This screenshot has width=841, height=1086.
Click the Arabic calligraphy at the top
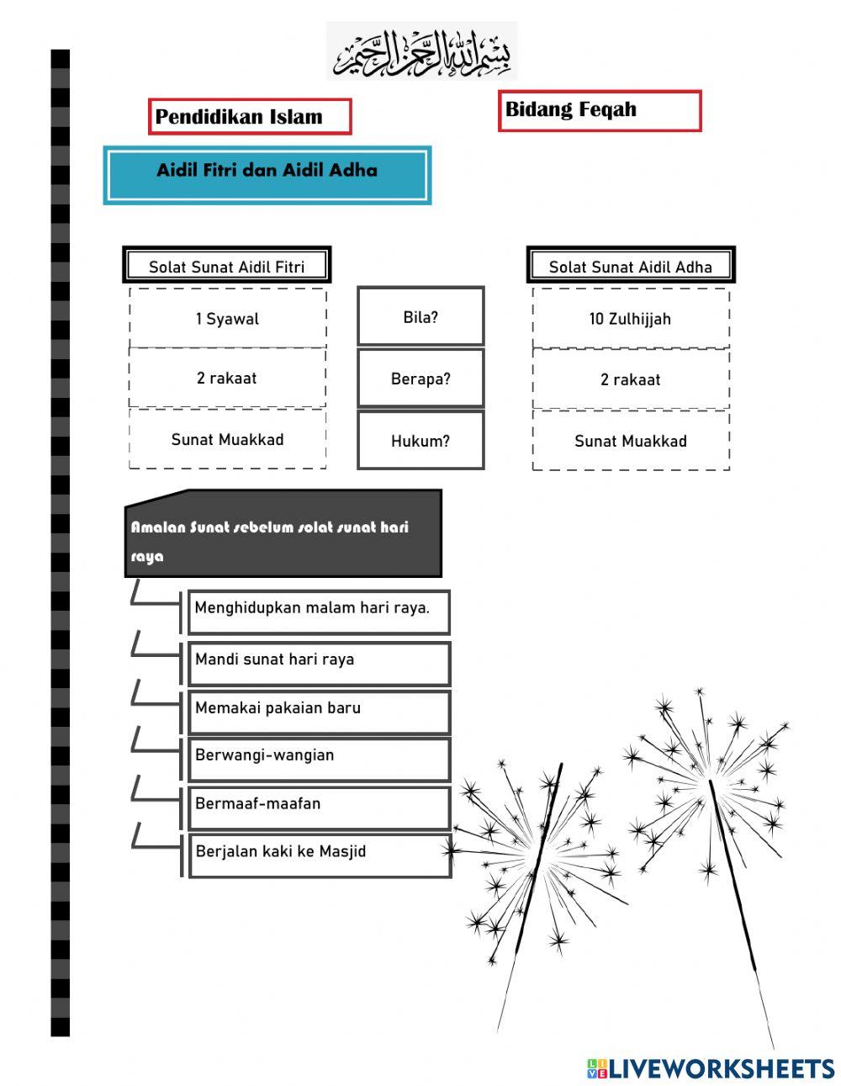[x=421, y=52]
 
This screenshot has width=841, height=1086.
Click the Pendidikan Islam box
[x=250, y=116]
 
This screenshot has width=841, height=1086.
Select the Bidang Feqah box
[x=599, y=110]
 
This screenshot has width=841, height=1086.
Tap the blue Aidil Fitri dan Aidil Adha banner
[x=267, y=175]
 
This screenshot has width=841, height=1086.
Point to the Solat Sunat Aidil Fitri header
[x=226, y=267]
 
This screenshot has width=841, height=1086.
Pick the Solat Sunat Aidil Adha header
[x=630, y=267]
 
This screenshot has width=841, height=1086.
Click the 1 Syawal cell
[x=227, y=319]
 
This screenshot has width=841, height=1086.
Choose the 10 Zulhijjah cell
[x=630, y=319]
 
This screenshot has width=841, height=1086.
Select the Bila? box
[x=420, y=317]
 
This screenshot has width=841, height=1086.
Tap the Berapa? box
[x=420, y=379]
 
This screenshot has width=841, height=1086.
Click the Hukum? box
[x=420, y=440]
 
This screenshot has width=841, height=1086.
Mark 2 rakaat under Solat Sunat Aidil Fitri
[x=227, y=378]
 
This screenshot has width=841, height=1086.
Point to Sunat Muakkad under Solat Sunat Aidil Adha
[x=630, y=441]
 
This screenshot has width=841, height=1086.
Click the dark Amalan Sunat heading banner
[x=283, y=535]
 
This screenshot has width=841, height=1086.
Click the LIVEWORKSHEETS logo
[x=711, y=1068]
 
